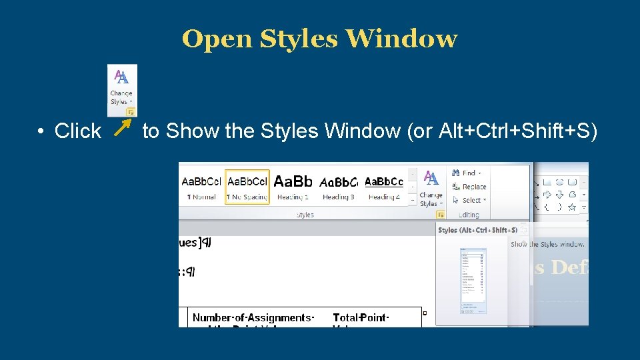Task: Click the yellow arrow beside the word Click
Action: [123, 129]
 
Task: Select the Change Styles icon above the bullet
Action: [122, 89]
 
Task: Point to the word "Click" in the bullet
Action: [77, 131]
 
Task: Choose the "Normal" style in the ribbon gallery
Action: [201, 187]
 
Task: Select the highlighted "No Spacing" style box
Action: [247, 187]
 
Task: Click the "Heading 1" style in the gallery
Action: [293, 187]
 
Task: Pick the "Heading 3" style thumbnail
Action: [339, 187]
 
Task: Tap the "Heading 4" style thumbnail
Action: [384, 187]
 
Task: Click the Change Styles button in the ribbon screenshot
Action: [431, 189]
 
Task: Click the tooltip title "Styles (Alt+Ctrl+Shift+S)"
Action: [477, 230]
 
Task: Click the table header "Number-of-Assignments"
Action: [253, 317]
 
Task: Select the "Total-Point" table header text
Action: [361, 317]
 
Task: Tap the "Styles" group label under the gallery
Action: [305, 215]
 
